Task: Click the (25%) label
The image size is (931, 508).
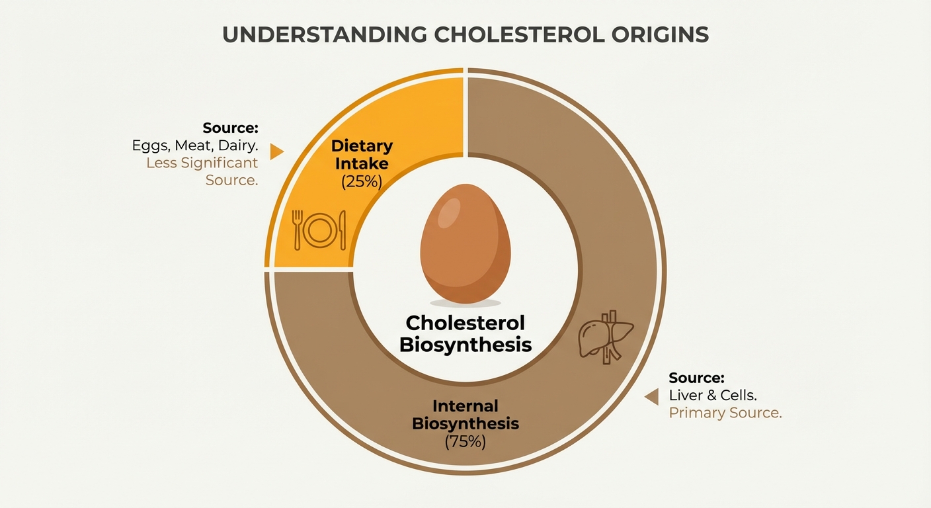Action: tap(362, 181)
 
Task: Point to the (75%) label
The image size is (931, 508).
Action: tap(465, 442)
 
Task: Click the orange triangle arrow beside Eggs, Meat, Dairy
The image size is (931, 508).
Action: tap(276, 152)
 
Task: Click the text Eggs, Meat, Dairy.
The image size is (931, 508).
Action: tap(194, 146)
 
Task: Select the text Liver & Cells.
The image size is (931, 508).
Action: tap(713, 396)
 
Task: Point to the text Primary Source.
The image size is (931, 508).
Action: tap(725, 413)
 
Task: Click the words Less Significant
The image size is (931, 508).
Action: tap(202, 163)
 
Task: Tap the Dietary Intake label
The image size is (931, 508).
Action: tap(362, 153)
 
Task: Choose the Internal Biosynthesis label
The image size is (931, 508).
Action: tap(465, 415)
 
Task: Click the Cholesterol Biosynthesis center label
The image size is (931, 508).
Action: tap(465, 333)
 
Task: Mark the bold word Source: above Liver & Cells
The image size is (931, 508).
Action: tap(696, 378)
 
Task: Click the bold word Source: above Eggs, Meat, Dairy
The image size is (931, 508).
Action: tap(230, 128)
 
